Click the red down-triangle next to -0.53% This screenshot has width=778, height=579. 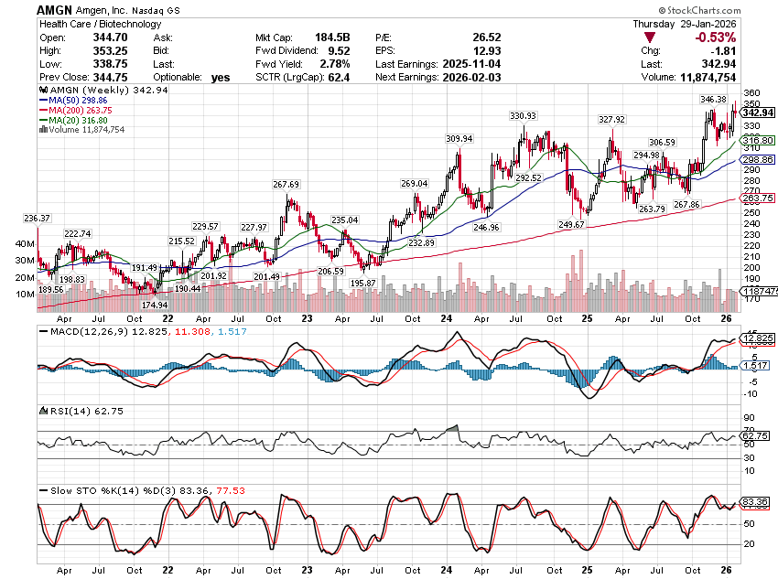[650, 38]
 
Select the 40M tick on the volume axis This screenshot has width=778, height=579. [26, 245]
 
